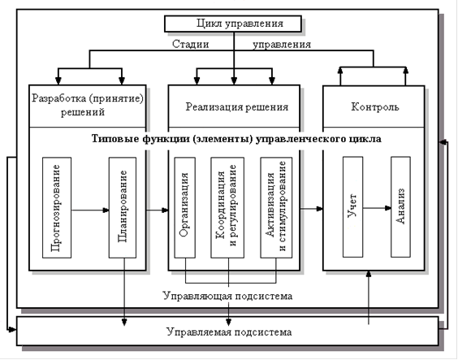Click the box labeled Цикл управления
pos(233,24)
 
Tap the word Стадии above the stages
pos(191,44)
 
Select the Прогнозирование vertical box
pos(57,208)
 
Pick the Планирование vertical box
pos(123,208)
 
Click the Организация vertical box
pos(185,208)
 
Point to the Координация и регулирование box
pos(227,208)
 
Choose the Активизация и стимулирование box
pos(276,208)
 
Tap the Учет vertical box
pos(353,207)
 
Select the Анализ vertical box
pos(400,207)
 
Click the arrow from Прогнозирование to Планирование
pos(90,210)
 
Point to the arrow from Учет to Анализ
pos(377,208)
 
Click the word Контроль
pos(374,107)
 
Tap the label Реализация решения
pos(237,107)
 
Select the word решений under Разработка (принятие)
pos(83,112)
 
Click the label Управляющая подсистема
pos(227,296)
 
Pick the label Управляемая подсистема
pos(229,332)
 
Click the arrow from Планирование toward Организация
pos(158,210)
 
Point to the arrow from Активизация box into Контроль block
pos(311,209)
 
